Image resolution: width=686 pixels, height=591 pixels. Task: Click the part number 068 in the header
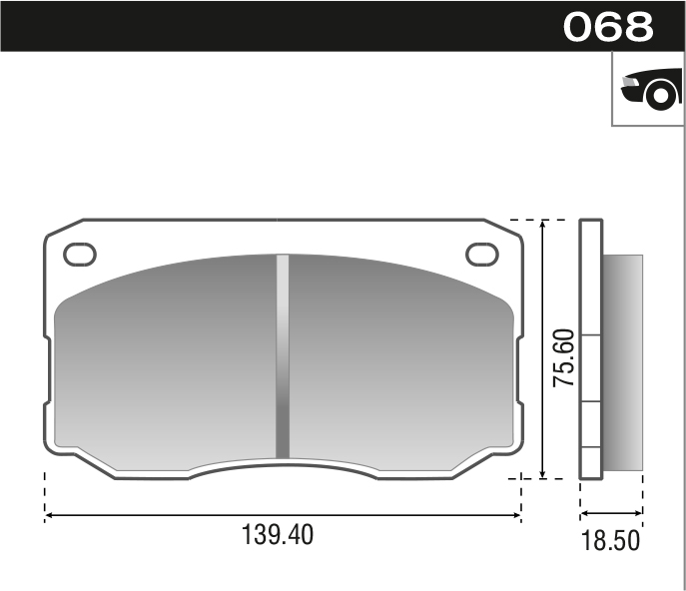(608, 27)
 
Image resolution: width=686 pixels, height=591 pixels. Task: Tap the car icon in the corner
(649, 90)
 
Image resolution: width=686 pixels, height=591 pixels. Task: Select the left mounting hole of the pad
(80, 254)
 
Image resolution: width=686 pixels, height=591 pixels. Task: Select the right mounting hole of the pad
(482, 254)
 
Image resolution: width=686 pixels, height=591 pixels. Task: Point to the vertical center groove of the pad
(283, 356)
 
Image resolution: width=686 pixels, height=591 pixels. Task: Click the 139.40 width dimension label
(278, 535)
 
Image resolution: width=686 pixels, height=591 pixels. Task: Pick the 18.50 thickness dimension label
(609, 542)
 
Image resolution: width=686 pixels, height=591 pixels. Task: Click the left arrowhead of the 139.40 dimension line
(49, 515)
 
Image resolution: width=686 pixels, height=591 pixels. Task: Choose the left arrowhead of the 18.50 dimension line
(584, 515)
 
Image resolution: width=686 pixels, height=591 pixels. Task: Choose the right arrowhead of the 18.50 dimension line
(639, 515)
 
